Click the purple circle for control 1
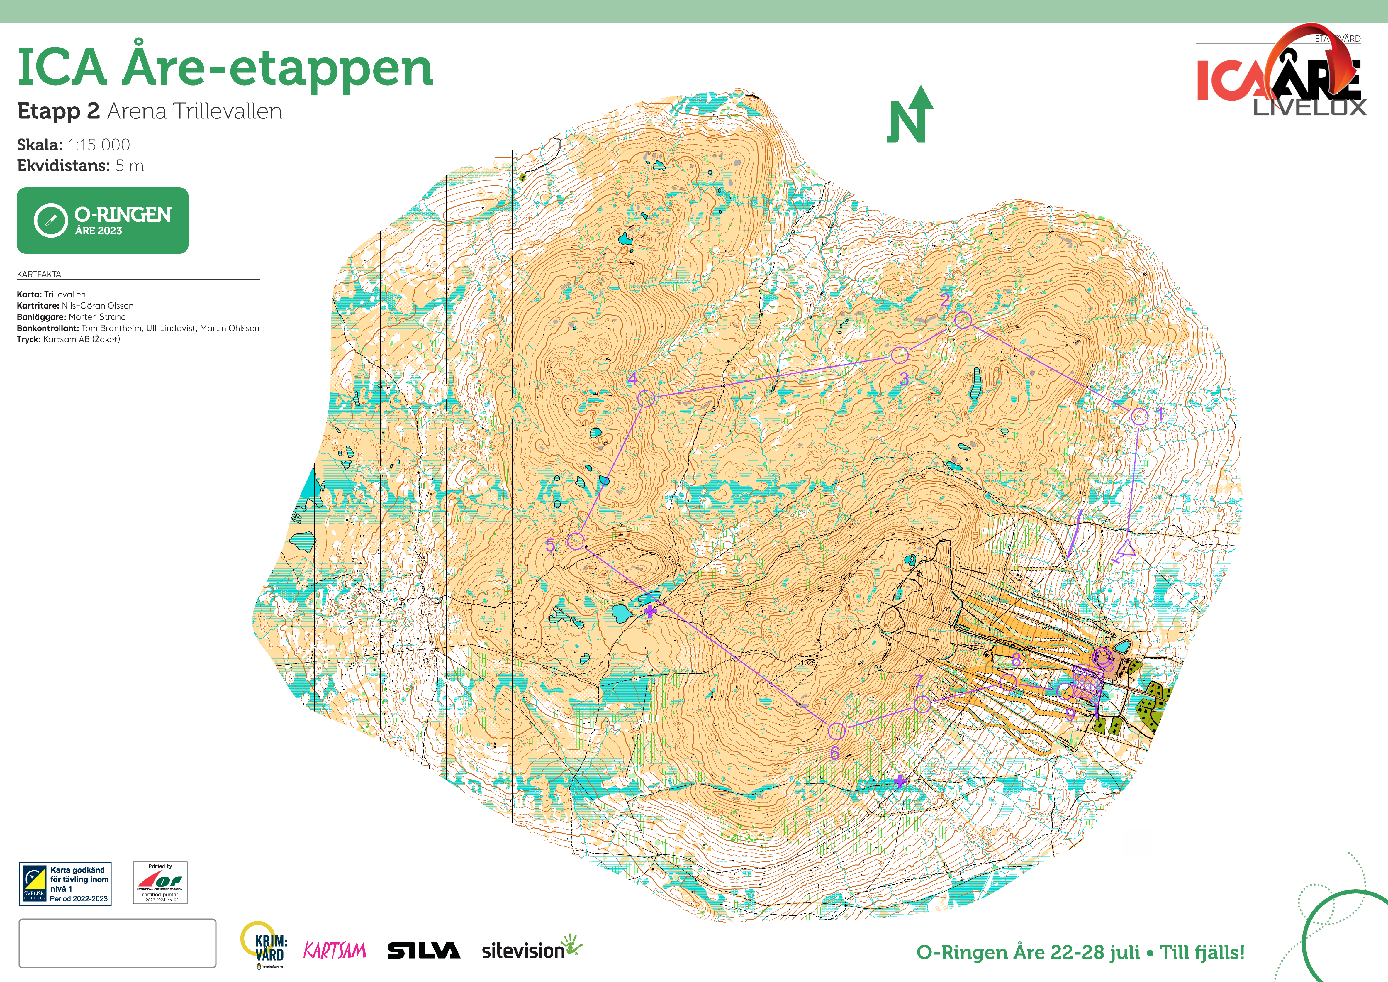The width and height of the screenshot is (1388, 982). (x=1139, y=416)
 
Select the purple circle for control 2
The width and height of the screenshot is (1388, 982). (x=963, y=320)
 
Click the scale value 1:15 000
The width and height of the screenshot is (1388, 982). (x=99, y=145)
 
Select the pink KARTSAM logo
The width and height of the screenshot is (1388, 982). (x=334, y=951)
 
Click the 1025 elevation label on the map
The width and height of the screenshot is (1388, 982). (x=808, y=663)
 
